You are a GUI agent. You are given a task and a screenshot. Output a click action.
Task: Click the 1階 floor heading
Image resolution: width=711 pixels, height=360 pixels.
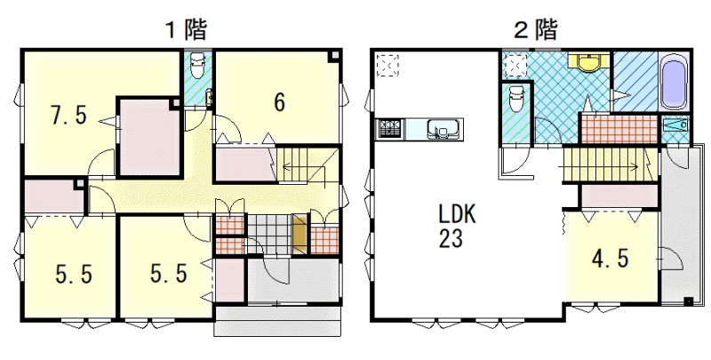(186, 30)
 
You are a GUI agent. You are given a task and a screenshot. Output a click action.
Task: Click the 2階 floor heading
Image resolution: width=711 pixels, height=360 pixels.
(536, 30)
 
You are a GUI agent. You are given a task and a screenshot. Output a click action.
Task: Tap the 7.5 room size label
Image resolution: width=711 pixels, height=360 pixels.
(68, 116)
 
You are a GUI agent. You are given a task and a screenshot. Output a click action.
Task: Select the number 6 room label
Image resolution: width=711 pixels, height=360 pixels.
(280, 102)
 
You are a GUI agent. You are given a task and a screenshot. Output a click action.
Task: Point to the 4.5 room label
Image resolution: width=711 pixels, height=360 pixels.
(610, 259)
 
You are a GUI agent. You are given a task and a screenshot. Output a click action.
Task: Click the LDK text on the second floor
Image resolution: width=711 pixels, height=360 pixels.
(457, 214)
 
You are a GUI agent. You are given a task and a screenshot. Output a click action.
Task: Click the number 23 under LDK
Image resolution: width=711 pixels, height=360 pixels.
(451, 238)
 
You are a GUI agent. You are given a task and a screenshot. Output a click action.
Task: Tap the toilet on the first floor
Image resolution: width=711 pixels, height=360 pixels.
(197, 65)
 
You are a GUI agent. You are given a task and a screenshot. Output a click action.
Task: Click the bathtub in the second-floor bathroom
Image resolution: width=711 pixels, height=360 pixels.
(675, 82)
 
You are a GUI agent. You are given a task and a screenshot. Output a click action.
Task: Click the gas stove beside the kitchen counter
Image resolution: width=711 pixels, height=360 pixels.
(389, 129)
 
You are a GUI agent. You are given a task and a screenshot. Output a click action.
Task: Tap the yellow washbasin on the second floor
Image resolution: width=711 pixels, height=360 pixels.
(589, 61)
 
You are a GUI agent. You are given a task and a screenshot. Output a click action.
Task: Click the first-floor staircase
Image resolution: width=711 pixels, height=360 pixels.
(308, 165)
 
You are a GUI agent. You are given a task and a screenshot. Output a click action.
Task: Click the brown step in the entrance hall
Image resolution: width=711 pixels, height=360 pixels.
(300, 234)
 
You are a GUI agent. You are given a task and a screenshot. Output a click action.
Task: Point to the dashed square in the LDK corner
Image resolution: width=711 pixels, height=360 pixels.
(387, 65)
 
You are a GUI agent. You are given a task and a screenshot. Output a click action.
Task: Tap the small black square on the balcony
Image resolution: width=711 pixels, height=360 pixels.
(688, 301)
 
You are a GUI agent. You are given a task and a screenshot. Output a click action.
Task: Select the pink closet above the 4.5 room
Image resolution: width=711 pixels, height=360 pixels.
(619, 196)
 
